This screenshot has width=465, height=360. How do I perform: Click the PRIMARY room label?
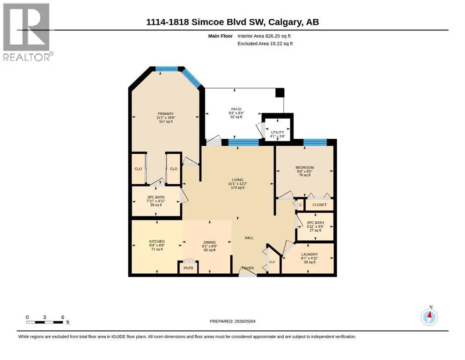165,113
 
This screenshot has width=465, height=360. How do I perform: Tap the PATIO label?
236,109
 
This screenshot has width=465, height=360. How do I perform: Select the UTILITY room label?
278,132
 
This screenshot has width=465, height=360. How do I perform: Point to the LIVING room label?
237,180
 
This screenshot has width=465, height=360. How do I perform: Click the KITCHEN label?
157,241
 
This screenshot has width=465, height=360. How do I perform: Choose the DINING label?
210,242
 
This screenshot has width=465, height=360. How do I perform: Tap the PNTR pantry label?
188,268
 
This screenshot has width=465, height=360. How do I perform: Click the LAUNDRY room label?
310,255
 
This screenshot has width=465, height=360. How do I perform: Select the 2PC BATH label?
315,223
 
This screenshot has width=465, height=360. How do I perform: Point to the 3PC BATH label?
156,197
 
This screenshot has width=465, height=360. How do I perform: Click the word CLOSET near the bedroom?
319,205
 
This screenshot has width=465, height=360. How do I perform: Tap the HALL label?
249,238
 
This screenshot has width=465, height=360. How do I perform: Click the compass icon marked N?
429,317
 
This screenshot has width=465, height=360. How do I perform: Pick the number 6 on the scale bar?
63,317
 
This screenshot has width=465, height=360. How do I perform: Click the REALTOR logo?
27,32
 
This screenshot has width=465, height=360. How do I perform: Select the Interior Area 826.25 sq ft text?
264,36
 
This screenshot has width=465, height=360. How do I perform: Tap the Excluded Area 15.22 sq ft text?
265,43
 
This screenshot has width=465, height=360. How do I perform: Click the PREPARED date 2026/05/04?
232,321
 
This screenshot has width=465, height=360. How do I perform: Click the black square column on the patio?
280,93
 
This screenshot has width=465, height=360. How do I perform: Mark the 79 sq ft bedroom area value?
304,175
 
